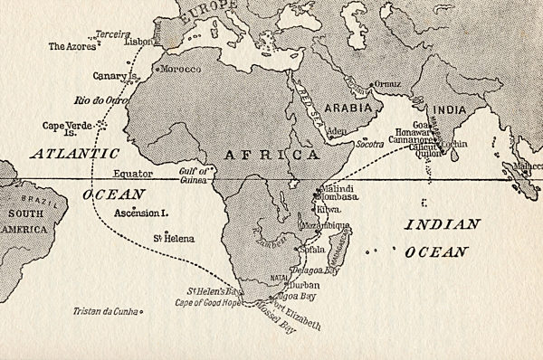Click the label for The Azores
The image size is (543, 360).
70,45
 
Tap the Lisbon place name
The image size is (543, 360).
138,42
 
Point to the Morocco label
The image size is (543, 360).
181,69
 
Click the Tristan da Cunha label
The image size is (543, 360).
107,312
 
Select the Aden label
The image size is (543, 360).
337,131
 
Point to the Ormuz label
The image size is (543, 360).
388,84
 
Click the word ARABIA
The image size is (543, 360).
347,107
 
